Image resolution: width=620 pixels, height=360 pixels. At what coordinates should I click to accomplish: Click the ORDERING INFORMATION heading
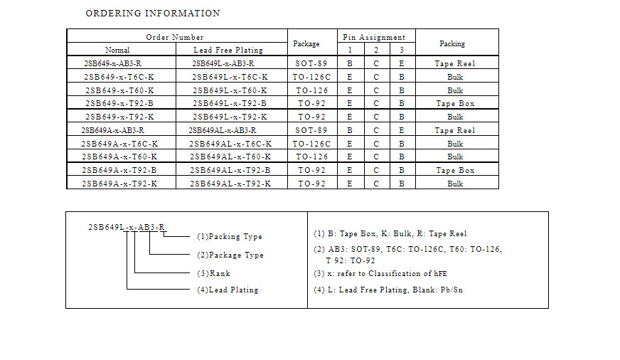pyautogui.click(x=153, y=13)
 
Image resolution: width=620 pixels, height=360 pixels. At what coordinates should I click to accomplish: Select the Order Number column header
pyautogui.click(x=175, y=37)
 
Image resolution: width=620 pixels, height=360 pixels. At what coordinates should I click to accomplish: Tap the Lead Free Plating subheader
pyautogui.click(x=228, y=50)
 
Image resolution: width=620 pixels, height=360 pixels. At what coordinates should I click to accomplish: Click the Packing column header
pyautogui.click(x=452, y=43)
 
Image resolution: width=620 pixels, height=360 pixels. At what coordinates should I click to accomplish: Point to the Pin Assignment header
pyautogui.click(x=374, y=37)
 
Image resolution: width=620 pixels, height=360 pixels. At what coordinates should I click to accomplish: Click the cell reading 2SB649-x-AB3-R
pyautogui.click(x=112, y=63)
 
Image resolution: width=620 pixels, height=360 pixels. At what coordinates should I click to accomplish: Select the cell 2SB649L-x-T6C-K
pyautogui.click(x=230, y=77)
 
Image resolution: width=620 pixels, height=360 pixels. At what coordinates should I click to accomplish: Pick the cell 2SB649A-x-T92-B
pyautogui.click(x=119, y=170)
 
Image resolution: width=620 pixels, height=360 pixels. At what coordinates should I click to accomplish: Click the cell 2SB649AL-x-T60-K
pyautogui.click(x=230, y=157)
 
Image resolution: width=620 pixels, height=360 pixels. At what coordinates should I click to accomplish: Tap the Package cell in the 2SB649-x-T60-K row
pyautogui.click(x=312, y=90)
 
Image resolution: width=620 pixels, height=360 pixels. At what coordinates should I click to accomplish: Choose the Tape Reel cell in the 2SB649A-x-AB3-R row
pyautogui.click(x=455, y=130)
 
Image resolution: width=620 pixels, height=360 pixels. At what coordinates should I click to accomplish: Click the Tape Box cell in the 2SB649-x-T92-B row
pyautogui.click(x=455, y=103)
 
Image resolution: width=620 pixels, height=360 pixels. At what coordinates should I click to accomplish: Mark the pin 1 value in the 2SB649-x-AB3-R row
pyautogui.click(x=350, y=63)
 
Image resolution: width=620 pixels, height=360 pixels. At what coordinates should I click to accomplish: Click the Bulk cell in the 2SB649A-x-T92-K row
pyautogui.click(x=455, y=184)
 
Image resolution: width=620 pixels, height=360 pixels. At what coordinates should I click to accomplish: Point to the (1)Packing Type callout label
pyautogui.click(x=230, y=237)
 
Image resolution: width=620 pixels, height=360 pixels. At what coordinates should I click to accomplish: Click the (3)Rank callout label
pyautogui.click(x=213, y=273)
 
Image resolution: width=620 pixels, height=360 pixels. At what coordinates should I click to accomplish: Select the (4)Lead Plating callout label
pyautogui.click(x=228, y=290)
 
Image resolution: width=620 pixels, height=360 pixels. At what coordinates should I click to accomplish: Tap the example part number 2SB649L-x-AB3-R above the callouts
pyautogui.click(x=127, y=227)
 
